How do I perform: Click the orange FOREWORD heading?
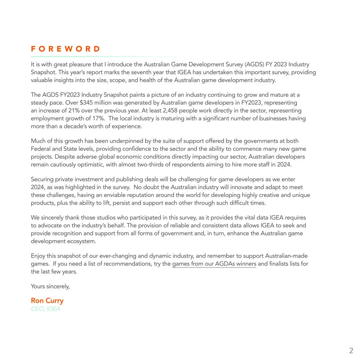[x=66, y=49]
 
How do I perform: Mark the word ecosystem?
[x=82, y=241]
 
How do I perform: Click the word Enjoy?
[x=38, y=256]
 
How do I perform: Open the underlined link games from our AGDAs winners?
[x=214, y=264]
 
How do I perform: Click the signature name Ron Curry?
[x=47, y=301]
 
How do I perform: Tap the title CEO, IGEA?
[x=45, y=309]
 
